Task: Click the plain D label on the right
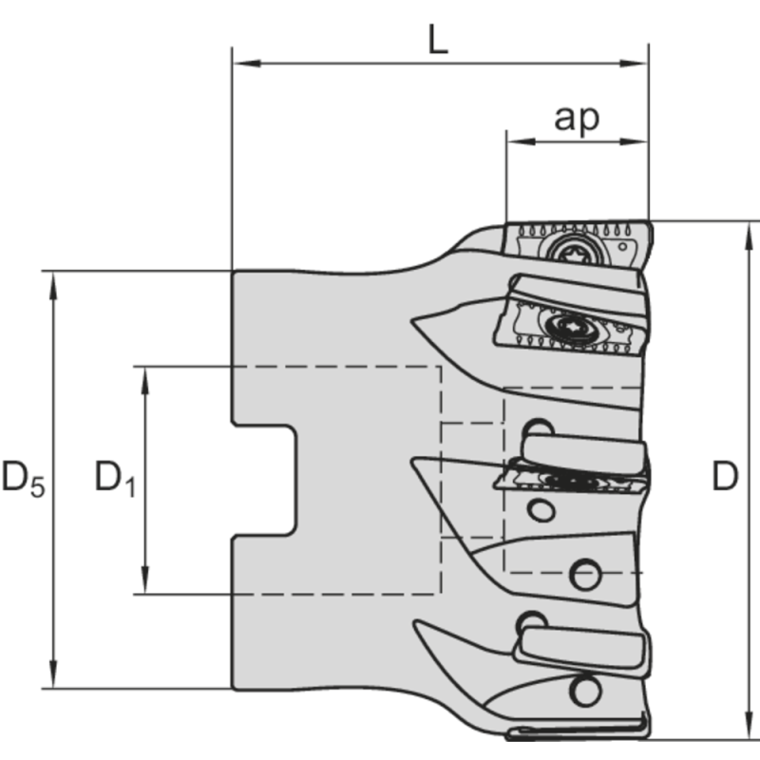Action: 725,478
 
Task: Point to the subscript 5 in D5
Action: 38,486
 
